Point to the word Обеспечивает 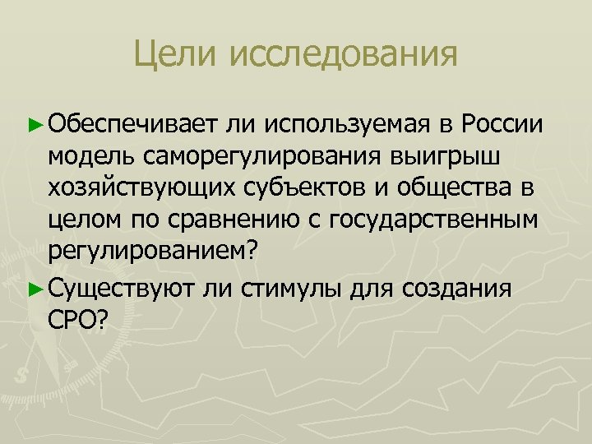132,123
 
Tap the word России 502,123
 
